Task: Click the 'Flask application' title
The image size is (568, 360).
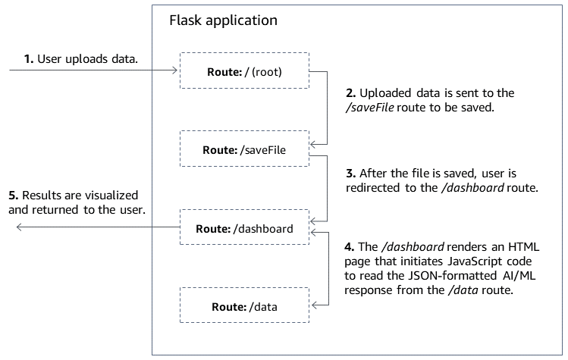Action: point(222,20)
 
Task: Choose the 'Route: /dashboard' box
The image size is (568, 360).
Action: point(244,228)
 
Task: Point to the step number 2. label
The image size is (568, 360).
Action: point(350,93)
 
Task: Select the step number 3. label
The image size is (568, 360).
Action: point(350,173)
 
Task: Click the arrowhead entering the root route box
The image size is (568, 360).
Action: point(174,72)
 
